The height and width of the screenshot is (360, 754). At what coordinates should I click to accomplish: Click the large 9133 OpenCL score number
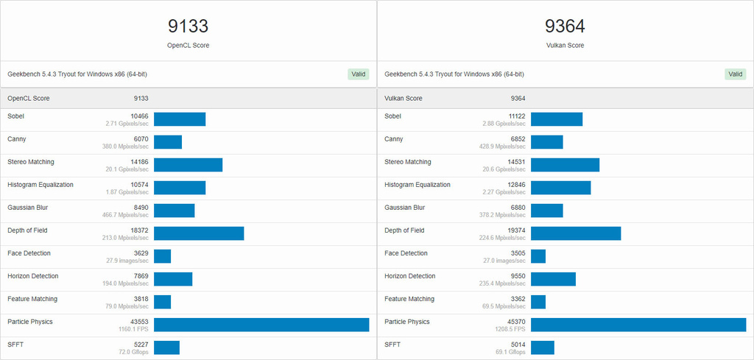pyautogui.click(x=188, y=27)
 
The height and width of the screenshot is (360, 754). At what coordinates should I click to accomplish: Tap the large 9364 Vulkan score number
pyautogui.click(x=565, y=27)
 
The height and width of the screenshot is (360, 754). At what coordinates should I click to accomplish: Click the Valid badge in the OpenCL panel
pyautogui.click(x=358, y=74)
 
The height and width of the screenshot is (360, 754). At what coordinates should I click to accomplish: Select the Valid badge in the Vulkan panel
pyautogui.click(x=735, y=74)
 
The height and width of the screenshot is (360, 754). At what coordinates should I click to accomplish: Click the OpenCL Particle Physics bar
pyautogui.click(x=261, y=325)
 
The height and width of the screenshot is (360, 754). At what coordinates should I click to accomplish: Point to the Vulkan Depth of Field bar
pyautogui.click(x=576, y=233)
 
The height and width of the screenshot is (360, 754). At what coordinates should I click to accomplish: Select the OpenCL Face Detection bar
pyautogui.click(x=162, y=256)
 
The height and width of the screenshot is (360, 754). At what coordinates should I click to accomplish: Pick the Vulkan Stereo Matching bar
pyautogui.click(x=565, y=165)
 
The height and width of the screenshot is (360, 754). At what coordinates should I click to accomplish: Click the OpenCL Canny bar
pyautogui.click(x=168, y=142)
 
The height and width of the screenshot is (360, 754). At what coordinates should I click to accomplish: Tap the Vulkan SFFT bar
pyautogui.click(x=542, y=347)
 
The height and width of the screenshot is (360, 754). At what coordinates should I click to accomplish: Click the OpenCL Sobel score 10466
pyautogui.click(x=139, y=116)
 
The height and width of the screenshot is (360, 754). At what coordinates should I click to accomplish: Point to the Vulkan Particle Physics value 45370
pyautogui.click(x=515, y=322)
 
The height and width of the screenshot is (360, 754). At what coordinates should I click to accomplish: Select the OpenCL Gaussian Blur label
pyautogui.click(x=30, y=208)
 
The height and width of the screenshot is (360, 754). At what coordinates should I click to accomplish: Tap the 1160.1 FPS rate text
pyautogui.click(x=133, y=330)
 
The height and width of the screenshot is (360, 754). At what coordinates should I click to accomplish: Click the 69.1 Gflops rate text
pyautogui.click(x=511, y=353)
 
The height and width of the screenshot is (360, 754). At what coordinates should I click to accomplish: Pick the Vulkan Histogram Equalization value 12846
pyautogui.click(x=515, y=185)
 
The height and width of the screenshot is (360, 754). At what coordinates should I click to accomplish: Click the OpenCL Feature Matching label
pyautogui.click(x=32, y=299)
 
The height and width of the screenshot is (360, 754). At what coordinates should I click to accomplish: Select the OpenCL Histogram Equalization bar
pyautogui.click(x=180, y=188)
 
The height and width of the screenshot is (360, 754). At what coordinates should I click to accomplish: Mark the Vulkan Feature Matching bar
pyautogui.click(x=538, y=302)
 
